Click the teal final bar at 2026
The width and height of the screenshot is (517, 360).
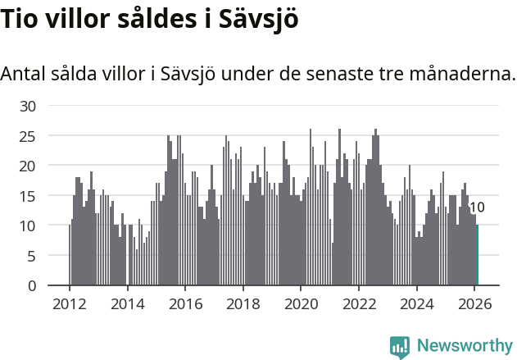(x=477, y=255)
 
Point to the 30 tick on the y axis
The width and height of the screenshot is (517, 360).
(x=29, y=106)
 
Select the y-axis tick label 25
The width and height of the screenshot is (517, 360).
(x=29, y=136)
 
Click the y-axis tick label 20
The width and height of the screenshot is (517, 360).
(x=29, y=166)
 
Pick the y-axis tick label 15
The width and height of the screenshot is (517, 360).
(x=29, y=196)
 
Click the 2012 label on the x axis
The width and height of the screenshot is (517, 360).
(x=69, y=303)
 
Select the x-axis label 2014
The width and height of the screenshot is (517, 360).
(x=127, y=303)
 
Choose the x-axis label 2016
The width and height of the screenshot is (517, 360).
(x=185, y=303)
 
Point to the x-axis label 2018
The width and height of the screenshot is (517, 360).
(x=243, y=303)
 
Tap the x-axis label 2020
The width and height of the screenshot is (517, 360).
(x=301, y=303)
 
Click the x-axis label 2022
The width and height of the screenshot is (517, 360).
(x=359, y=303)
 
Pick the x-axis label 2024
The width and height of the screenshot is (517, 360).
(x=417, y=303)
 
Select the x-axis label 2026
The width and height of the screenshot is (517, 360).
(x=475, y=303)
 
